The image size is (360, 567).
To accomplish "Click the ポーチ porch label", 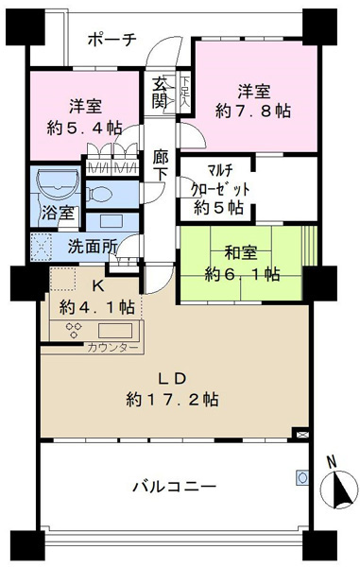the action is click(x=112, y=40).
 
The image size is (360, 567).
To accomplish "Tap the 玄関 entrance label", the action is click(x=160, y=94).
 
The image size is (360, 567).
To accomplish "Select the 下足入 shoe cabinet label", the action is click(x=185, y=91).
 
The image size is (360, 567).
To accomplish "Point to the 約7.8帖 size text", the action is click(x=253, y=111).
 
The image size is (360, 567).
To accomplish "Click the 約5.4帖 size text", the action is click(x=85, y=128).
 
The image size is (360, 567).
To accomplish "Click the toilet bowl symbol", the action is click(x=101, y=194).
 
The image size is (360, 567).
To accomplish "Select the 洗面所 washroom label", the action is click(x=93, y=247).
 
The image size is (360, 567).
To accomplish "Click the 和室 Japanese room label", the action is click(x=241, y=252).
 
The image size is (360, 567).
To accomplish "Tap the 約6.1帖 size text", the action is click(x=242, y=274).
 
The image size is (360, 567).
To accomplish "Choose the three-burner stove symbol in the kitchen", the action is click(x=74, y=330).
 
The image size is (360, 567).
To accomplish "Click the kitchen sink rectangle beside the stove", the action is click(x=115, y=331).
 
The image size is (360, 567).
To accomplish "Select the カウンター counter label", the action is click(x=112, y=348).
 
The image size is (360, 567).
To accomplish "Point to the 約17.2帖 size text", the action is click(x=172, y=400).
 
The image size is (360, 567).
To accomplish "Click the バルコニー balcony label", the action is click(x=175, y=487).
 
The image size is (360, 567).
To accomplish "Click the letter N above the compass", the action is click(x=332, y=461).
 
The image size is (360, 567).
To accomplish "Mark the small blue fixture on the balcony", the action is click(x=302, y=477).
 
